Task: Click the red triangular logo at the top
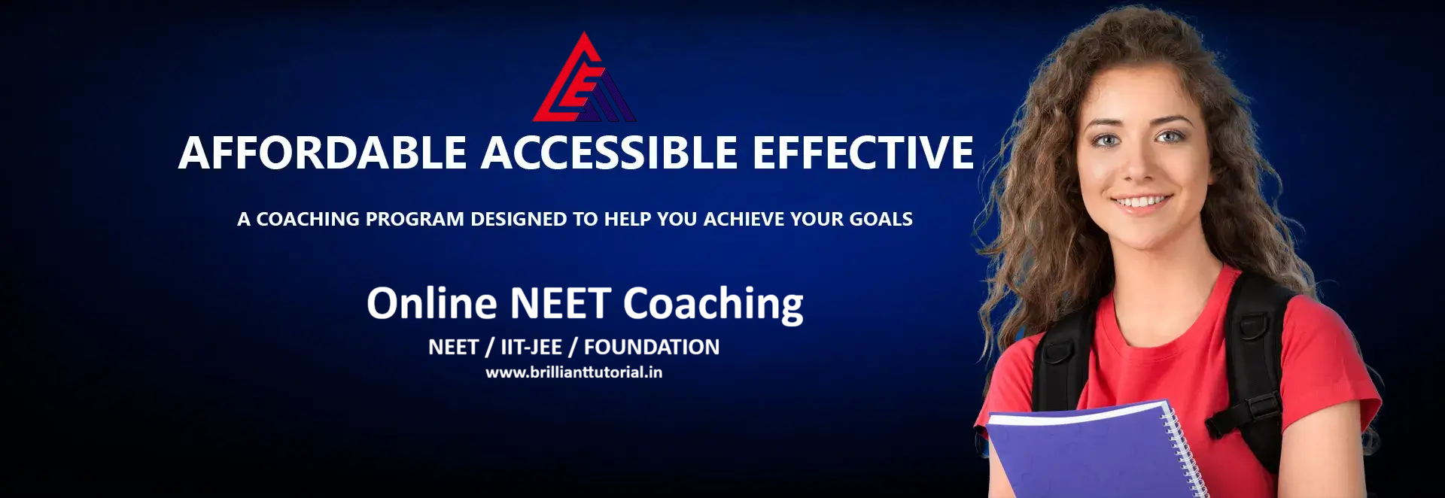(584, 79)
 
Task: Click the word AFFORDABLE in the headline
(323, 153)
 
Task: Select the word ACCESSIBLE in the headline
(610, 153)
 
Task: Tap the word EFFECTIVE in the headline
(863, 153)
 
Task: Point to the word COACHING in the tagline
(308, 219)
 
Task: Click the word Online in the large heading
(432, 303)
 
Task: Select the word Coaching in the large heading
(713, 305)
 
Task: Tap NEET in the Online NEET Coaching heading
(560, 303)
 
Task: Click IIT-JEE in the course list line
(531, 347)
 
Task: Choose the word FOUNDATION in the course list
(652, 347)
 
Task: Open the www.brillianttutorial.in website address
(574, 372)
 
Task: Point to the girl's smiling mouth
(1142, 202)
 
